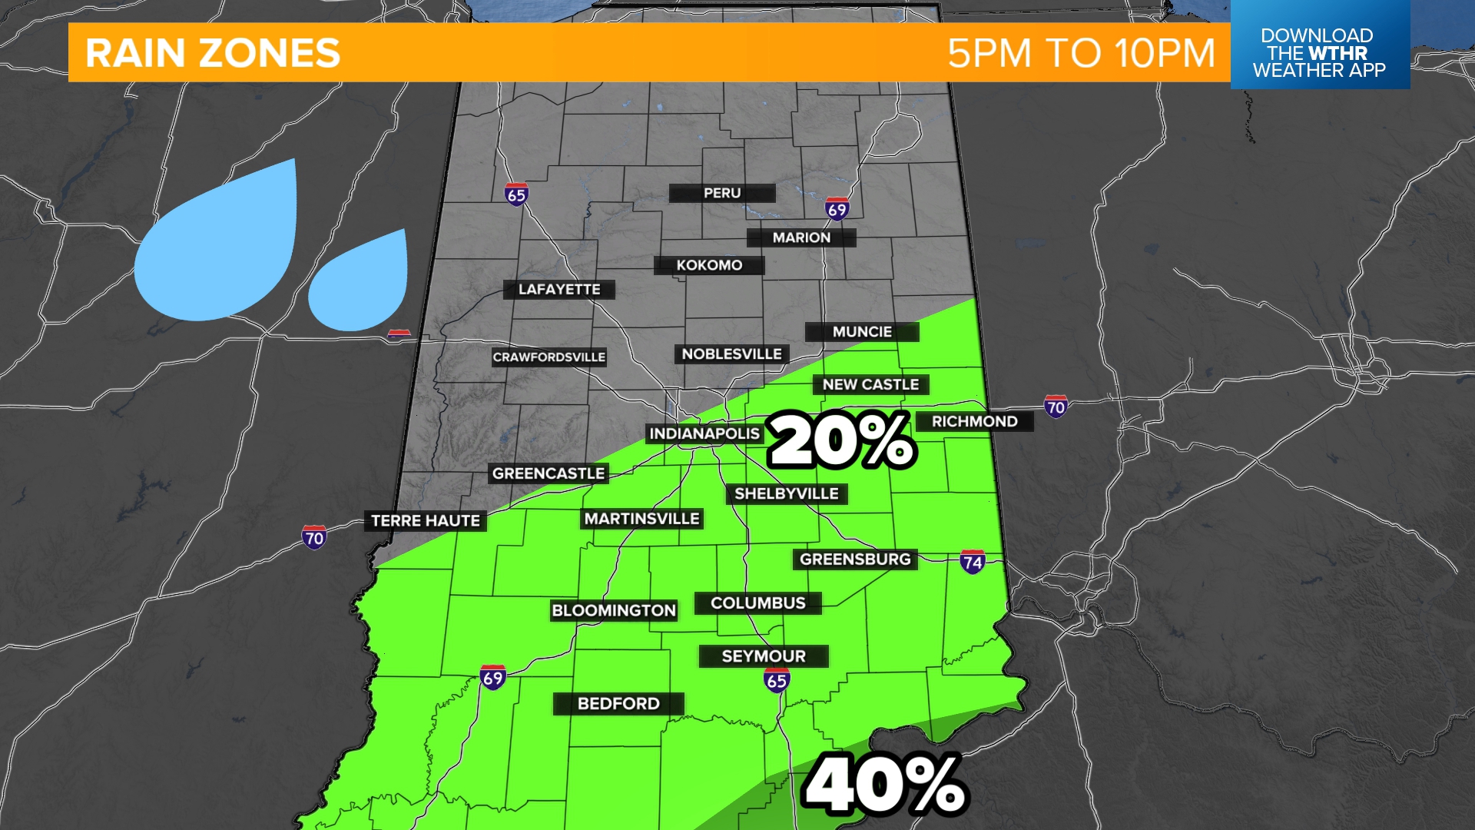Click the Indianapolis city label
pyautogui.click(x=704, y=434)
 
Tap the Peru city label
pyautogui.click(x=722, y=193)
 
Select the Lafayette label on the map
pyautogui.click(x=559, y=290)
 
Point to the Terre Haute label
pyautogui.click(x=426, y=521)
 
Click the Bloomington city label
pyautogui.click(x=614, y=611)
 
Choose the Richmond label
pyautogui.click(x=974, y=422)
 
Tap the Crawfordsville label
pyautogui.click(x=549, y=357)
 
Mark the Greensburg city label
pyautogui.click(x=855, y=559)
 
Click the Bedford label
pyautogui.click(x=618, y=704)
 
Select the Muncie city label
pyautogui.click(x=862, y=332)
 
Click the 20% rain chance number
pyautogui.click(x=842, y=440)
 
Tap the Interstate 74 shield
pyautogui.click(x=973, y=562)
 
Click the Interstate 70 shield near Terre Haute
pyautogui.click(x=314, y=537)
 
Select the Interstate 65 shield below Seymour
pyautogui.click(x=777, y=680)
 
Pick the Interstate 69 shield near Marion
pyautogui.click(x=837, y=208)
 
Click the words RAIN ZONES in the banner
pyautogui.click(x=213, y=53)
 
